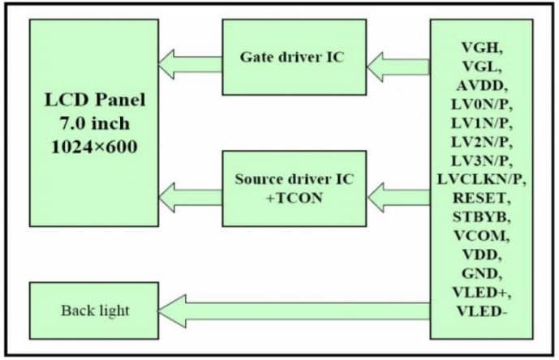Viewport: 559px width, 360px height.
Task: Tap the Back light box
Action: click(93, 311)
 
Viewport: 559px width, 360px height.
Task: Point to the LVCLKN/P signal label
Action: click(480, 178)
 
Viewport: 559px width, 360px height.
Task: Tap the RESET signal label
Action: click(480, 198)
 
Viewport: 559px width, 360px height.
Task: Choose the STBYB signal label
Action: click(480, 217)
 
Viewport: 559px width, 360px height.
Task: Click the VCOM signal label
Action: click(480, 236)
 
